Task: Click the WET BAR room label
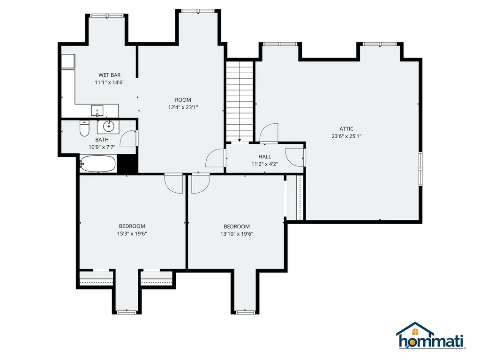click(x=109, y=75)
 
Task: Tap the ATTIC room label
click(x=346, y=129)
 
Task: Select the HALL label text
click(x=264, y=157)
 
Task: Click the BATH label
click(x=102, y=140)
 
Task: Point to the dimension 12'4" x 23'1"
click(x=183, y=107)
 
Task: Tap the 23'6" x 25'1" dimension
click(x=346, y=136)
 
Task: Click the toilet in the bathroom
click(x=84, y=128)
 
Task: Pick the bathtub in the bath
click(x=97, y=164)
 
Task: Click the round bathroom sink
click(x=109, y=126)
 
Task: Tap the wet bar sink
click(x=97, y=111)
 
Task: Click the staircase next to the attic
click(x=240, y=101)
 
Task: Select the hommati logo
click(x=430, y=337)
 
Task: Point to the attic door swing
click(x=269, y=132)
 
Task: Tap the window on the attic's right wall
click(x=420, y=167)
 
